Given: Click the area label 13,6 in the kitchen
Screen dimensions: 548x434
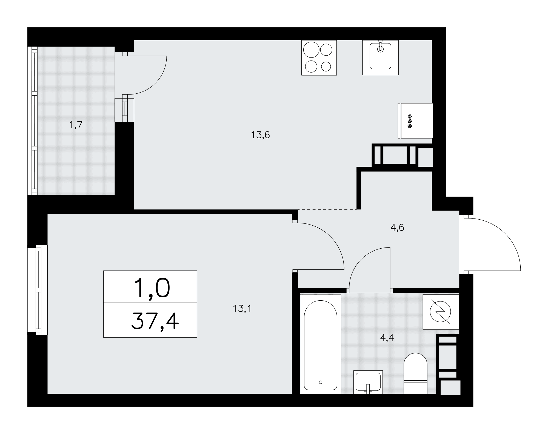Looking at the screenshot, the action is click(x=260, y=135).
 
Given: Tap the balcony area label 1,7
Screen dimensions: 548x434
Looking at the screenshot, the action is click(x=76, y=125).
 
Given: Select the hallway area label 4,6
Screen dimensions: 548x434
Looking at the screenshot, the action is click(x=397, y=228).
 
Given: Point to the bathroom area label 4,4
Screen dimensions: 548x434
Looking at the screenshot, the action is click(x=387, y=338).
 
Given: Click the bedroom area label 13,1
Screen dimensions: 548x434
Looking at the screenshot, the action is click(x=242, y=309).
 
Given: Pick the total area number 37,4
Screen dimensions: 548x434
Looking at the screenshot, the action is click(x=155, y=322).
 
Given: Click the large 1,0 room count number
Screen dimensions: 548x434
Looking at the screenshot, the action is click(x=152, y=288).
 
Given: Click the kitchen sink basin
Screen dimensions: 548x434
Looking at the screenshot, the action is click(x=380, y=58).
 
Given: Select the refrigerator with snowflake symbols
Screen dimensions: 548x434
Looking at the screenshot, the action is click(x=415, y=121).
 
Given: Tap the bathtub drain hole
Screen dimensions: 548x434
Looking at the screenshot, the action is click(x=321, y=382).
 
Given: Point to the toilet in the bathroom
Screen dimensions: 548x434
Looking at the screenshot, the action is click(x=415, y=373).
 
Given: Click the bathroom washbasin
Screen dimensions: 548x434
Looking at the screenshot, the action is click(x=368, y=382).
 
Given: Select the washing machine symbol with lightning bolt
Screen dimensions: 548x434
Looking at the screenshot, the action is click(x=441, y=312).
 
